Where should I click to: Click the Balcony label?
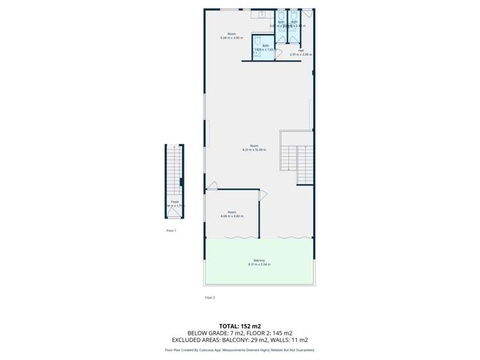click(x=259, y=260)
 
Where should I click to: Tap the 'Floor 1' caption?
click(x=171, y=230)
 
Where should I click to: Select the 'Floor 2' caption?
click(x=210, y=298)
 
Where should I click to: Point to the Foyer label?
click(x=174, y=202)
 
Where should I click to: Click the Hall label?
click(x=301, y=51)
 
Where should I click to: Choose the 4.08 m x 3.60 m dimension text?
click(x=231, y=217)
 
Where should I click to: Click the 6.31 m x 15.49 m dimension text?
click(x=254, y=150)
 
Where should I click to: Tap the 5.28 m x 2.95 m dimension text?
click(x=231, y=38)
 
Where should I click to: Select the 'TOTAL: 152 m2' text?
click(x=240, y=326)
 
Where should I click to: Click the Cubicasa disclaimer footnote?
click(x=240, y=350)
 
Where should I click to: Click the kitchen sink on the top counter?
click(x=262, y=14)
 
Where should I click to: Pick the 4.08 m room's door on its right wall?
click(x=263, y=195)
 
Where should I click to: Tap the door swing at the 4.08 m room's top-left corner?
click(x=211, y=186)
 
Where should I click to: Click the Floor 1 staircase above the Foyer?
click(x=173, y=170)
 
